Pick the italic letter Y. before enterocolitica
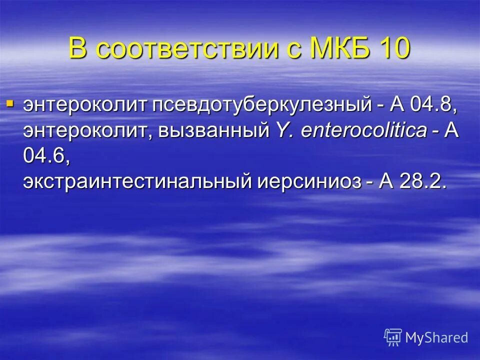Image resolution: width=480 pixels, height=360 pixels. (279, 130)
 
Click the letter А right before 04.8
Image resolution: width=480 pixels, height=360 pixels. (397, 105)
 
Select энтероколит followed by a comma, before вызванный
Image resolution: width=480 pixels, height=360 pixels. (87, 131)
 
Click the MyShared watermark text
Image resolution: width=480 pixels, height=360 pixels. (436, 337)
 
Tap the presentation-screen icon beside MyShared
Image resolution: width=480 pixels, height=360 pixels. (393, 337)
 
